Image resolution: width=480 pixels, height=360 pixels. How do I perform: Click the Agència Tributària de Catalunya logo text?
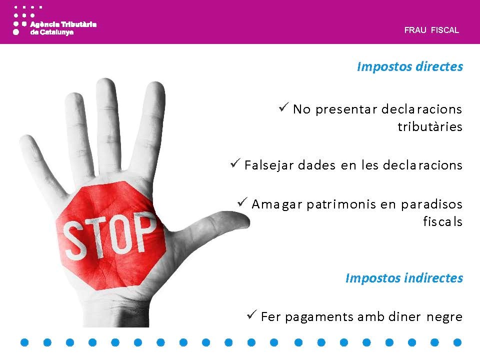click(x=63, y=28)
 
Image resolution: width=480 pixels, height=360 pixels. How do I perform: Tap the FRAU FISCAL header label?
click(x=431, y=30)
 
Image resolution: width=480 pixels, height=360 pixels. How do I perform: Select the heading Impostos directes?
click(x=410, y=66)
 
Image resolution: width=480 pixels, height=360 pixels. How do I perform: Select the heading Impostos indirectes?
click(x=404, y=278)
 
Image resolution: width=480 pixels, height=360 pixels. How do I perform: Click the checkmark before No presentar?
click(x=284, y=107)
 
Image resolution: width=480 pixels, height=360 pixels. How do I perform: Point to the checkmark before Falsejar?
click(x=235, y=163)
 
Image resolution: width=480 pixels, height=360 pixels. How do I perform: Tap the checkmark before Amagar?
click(x=242, y=202)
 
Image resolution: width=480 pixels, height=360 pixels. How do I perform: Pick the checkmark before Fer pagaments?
click(x=251, y=314)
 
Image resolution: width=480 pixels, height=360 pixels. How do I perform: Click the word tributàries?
click(x=430, y=126)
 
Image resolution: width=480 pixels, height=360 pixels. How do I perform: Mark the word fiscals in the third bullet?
click(x=442, y=221)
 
